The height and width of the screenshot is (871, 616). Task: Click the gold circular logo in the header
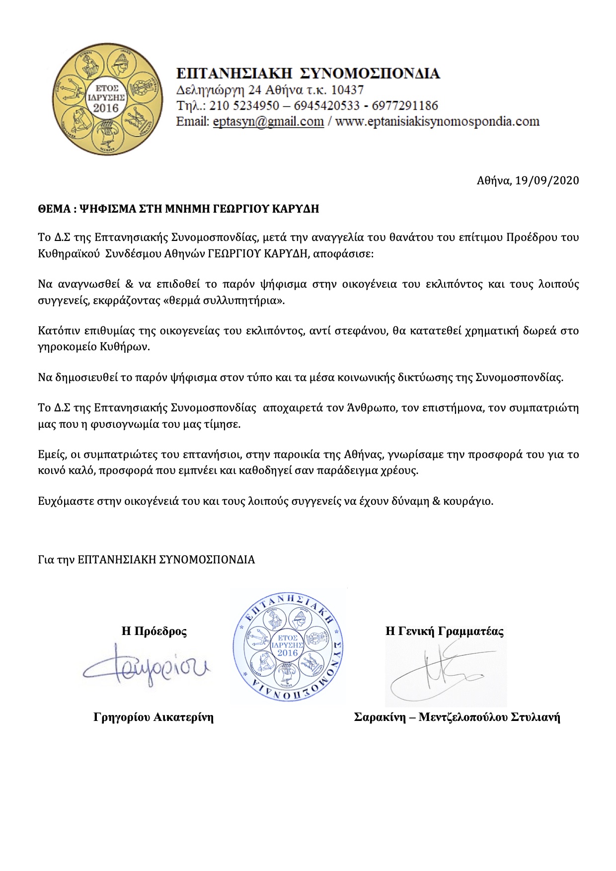click(108, 99)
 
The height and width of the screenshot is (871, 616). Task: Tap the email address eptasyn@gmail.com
click(268, 121)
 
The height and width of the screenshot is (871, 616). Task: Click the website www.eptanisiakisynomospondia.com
click(437, 121)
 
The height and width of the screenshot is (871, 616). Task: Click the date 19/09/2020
click(547, 180)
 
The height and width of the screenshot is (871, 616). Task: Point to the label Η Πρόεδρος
click(154, 632)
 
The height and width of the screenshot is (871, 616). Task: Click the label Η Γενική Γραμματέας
click(445, 632)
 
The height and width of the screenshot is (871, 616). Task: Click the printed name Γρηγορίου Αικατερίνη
click(154, 717)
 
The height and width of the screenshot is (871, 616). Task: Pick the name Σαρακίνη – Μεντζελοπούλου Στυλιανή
click(457, 717)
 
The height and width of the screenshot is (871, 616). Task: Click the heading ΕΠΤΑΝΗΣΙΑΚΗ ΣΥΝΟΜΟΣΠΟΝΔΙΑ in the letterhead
click(308, 74)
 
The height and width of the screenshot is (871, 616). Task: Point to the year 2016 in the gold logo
click(106, 108)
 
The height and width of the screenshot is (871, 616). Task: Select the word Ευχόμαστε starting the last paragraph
click(62, 501)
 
